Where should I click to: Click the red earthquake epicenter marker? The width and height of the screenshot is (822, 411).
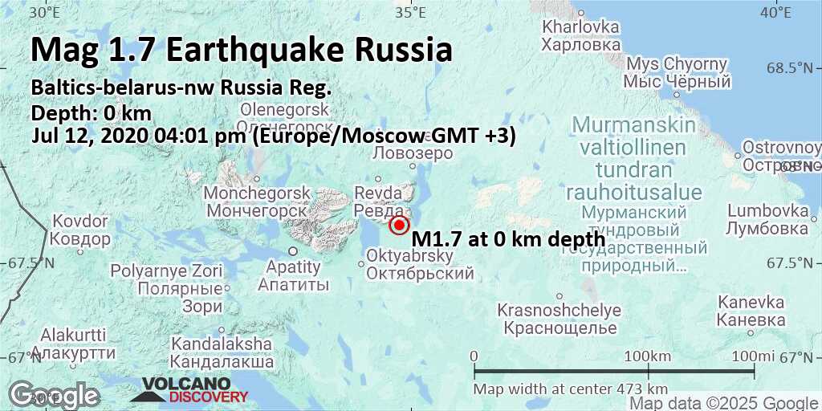(x=399, y=226)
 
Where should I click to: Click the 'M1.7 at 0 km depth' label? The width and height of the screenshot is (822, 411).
(x=508, y=238)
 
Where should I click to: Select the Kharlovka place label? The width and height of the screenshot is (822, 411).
(x=581, y=35)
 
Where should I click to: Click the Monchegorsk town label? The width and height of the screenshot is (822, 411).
(x=257, y=201)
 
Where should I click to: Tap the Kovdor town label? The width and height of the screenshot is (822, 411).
(x=79, y=230)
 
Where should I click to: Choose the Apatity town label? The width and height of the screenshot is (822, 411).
(x=293, y=275)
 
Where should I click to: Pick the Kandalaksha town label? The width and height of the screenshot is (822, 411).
(x=221, y=352)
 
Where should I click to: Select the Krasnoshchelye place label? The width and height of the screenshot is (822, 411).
(x=559, y=319)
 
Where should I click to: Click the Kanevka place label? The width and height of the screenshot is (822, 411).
(x=751, y=311)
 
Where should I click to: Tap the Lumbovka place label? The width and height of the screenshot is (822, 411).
(x=767, y=219)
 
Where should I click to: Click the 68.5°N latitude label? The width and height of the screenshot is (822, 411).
(x=794, y=68)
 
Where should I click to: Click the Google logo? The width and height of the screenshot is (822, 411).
(x=54, y=395)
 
